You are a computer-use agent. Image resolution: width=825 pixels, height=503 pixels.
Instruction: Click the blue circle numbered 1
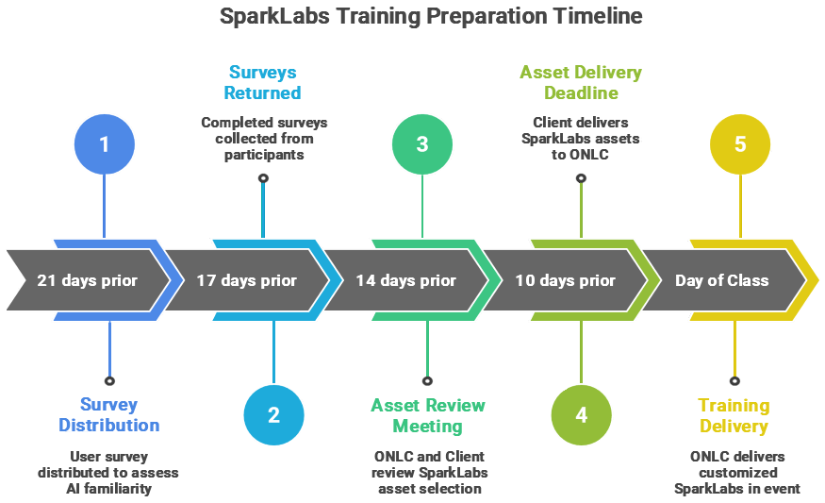(x=104, y=144)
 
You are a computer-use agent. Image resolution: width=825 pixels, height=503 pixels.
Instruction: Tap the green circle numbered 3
(x=421, y=144)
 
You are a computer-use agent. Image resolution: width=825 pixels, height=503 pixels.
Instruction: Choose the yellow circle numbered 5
(x=740, y=144)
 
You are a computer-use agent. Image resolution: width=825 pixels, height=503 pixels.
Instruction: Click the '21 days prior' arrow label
(x=87, y=280)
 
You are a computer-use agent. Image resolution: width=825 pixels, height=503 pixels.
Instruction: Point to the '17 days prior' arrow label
(x=247, y=280)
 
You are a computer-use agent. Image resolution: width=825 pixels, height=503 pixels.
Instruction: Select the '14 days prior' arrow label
(x=406, y=280)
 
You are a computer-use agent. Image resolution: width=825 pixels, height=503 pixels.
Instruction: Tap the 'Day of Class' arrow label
(x=722, y=280)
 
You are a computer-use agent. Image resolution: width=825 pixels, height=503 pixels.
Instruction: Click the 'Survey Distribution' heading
(x=109, y=415)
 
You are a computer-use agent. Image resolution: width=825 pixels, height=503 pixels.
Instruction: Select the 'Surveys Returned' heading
(x=262, y=82)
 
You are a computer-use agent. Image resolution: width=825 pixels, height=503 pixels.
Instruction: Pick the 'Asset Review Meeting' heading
(x=427, y=415)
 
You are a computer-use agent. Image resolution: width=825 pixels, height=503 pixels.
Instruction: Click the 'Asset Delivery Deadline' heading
(x=581, y=82)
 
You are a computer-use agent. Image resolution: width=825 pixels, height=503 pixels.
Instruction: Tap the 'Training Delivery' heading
(x=734, y=415)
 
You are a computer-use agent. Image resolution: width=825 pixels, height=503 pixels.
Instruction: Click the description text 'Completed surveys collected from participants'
(x=264, y=138)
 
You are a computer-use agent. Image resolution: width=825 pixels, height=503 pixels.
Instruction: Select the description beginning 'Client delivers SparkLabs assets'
(x=580, y=138)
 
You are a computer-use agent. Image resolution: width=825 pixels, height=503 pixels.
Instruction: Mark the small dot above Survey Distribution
(x=110, y=381)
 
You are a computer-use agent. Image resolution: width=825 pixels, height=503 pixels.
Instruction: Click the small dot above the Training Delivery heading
(x=734, y=381)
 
